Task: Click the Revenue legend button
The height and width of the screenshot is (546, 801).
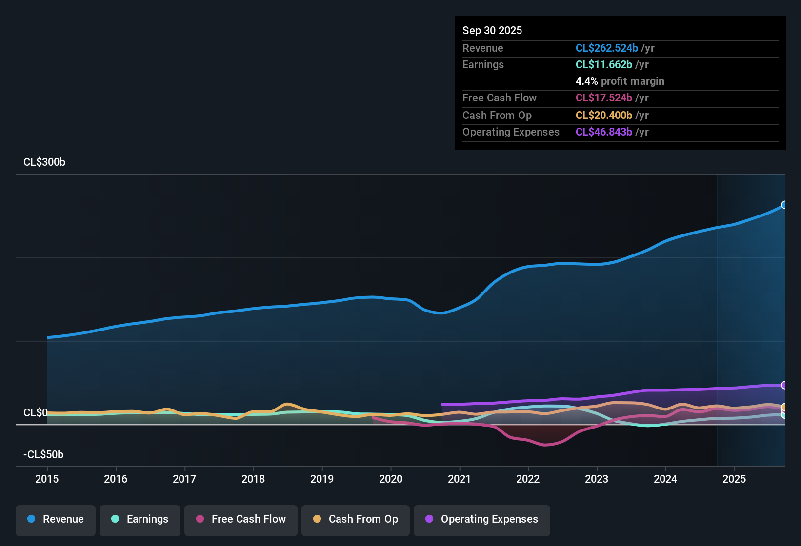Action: coord(56,519)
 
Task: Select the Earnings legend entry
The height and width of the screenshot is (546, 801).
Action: coord(140,519)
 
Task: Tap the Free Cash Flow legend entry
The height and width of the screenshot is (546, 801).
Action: coord(241,519)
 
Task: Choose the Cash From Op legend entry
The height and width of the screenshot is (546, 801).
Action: coord(356,519)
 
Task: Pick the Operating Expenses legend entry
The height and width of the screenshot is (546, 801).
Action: coord(482,519)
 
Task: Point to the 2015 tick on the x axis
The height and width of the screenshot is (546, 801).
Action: coord(47,479)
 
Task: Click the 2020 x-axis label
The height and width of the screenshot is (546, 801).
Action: coord(391,479)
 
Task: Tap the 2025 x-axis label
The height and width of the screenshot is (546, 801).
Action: coord(734,479)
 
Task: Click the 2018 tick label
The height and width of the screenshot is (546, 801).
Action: coord(253,479)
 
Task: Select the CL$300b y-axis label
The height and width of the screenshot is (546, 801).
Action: coord(44,162)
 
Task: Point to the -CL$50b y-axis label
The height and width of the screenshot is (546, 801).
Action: coord(43,455)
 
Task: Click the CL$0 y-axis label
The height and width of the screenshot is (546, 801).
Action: coord(36,413)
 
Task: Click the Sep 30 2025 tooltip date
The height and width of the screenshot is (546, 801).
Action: coord(492,30)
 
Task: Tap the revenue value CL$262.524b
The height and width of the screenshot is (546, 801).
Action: coord(606,48)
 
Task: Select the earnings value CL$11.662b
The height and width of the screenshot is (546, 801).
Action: coord(603,64)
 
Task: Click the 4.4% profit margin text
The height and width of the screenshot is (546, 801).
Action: coord(620,81)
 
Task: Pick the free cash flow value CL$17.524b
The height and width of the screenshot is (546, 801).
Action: coord(603,97)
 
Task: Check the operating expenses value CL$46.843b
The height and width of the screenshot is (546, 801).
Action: coord(603,132)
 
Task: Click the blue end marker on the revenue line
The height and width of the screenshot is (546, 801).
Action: coord(784,205)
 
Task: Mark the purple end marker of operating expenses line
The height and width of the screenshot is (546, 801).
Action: coord(784,385)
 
